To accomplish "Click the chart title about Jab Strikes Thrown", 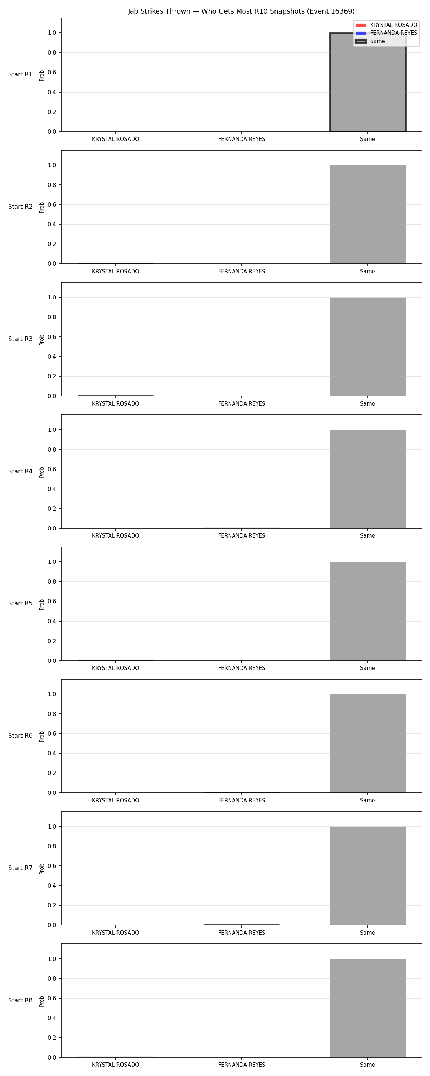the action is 241,11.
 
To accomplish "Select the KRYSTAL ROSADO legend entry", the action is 386,25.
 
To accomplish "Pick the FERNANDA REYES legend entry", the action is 386,33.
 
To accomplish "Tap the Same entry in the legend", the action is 370,41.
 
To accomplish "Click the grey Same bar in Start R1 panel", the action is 368,82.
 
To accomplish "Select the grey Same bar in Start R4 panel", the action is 368,479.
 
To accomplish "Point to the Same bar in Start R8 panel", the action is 368,1008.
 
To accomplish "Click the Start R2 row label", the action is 20,207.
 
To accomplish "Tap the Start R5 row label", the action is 20,604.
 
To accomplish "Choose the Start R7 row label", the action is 20,868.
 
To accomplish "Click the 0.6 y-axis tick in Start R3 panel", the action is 52,337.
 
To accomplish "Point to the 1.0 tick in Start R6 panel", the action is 52,694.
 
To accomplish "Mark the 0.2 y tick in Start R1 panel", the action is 52,112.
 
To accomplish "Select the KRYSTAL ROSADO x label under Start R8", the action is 116,1065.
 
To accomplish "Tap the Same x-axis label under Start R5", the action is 367,668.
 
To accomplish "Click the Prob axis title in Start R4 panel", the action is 42,472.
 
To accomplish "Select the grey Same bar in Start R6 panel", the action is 368,744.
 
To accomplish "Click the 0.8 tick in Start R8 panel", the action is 52,979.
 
